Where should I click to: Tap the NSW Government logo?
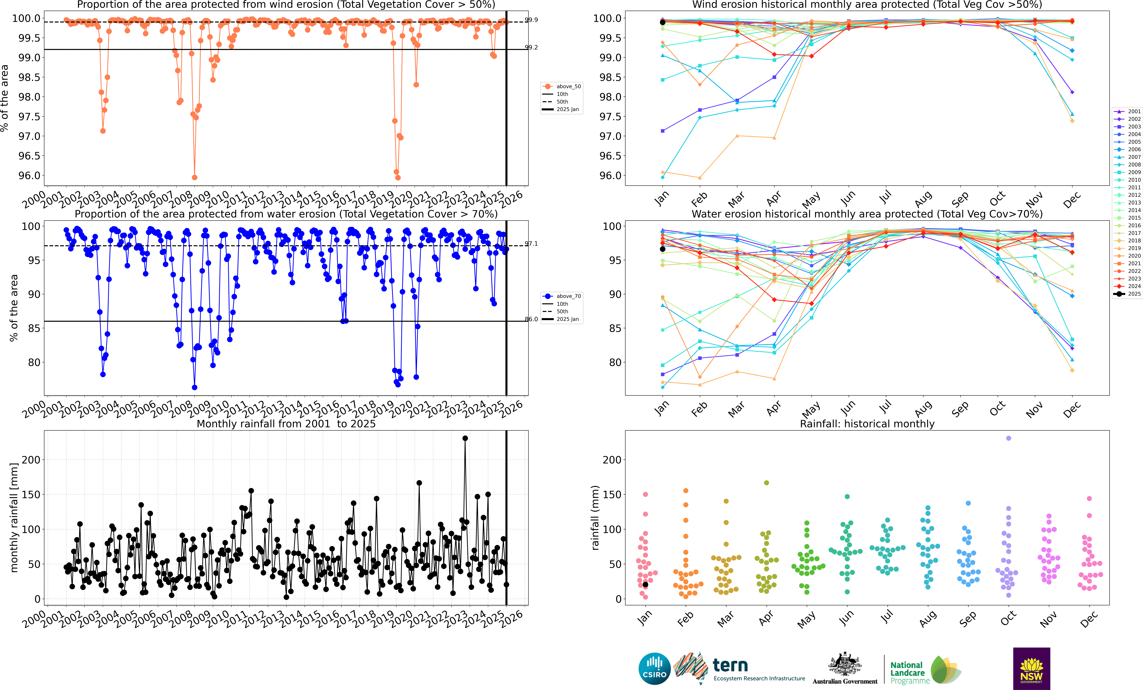pos(1031,668)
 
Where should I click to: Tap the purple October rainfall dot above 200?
pos(1008,438)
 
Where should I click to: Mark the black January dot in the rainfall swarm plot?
pos(645,585)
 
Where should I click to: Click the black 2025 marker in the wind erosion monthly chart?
pos(662,22)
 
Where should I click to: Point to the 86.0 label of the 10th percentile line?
pos(531,319)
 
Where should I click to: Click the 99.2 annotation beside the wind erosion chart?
pos(531,47)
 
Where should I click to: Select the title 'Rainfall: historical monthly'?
pos(867,424)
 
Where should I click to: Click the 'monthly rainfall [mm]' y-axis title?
pos(14,517)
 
